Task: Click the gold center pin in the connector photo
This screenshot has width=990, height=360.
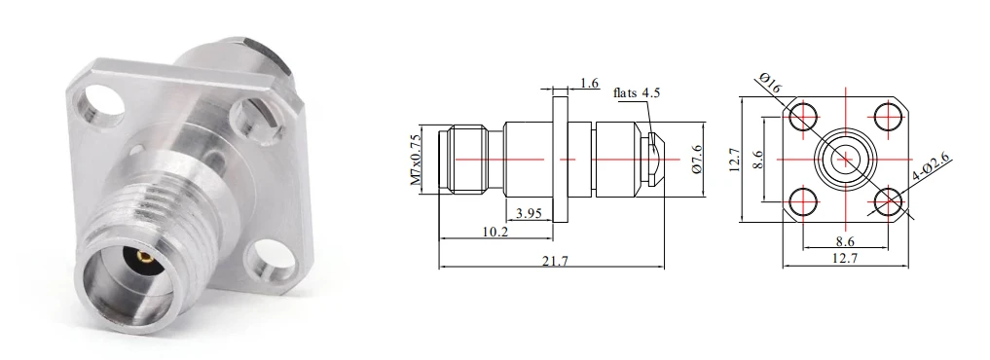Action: point(145,257)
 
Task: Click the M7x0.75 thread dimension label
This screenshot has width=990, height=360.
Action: point(416,160)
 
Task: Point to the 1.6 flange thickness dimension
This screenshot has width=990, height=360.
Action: point(589,83)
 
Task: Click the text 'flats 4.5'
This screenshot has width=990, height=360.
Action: point(637,92)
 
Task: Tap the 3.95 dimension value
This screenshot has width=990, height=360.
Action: point(529,213)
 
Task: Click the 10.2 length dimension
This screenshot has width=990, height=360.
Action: point(495,232)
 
